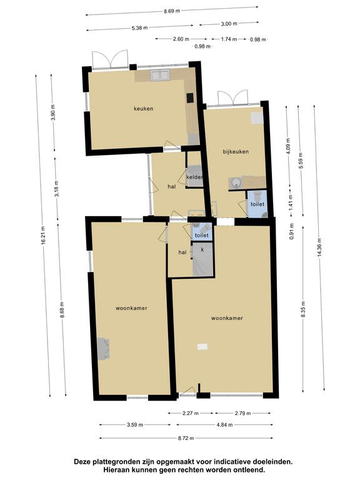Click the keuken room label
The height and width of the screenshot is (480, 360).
143,109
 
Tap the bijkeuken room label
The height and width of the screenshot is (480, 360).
236,151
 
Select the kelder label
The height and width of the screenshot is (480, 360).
194,177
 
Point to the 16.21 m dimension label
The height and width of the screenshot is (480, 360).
44,235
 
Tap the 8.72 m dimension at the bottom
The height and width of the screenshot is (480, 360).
186,438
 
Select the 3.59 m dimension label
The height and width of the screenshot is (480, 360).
135,425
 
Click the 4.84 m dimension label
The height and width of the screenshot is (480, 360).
224,425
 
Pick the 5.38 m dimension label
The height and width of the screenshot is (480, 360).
139,28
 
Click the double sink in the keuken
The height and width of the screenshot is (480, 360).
159,75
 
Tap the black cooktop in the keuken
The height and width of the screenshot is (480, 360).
190,98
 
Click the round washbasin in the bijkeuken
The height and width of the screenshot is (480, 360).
236,183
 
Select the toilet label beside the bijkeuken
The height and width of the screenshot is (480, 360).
257,204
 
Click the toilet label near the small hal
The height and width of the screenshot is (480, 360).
202,236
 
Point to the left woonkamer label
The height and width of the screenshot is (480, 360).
131,308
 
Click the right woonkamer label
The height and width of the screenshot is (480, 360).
227,318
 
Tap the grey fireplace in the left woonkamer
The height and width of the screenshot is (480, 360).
103,349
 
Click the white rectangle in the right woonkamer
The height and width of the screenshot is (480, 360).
202,346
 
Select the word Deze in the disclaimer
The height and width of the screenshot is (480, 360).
82,462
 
